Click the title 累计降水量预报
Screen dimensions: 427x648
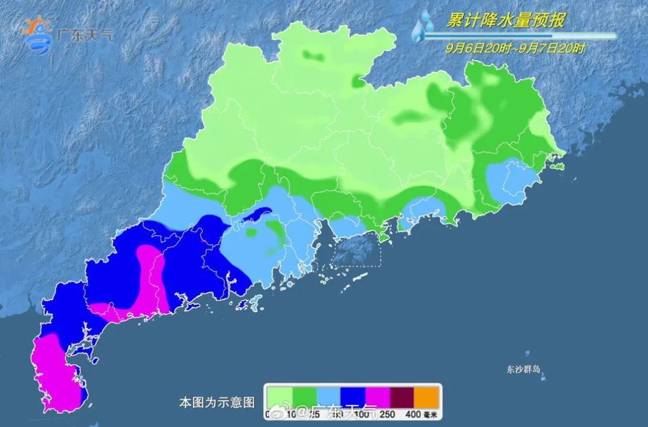coord(505,21)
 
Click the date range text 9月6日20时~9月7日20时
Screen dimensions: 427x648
coord(515,49)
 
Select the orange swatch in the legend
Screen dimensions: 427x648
coord(428,396)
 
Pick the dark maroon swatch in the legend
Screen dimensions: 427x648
coord(403,396)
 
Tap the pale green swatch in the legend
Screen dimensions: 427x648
coord(280,396)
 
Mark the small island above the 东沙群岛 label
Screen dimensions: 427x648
coord(527,354)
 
